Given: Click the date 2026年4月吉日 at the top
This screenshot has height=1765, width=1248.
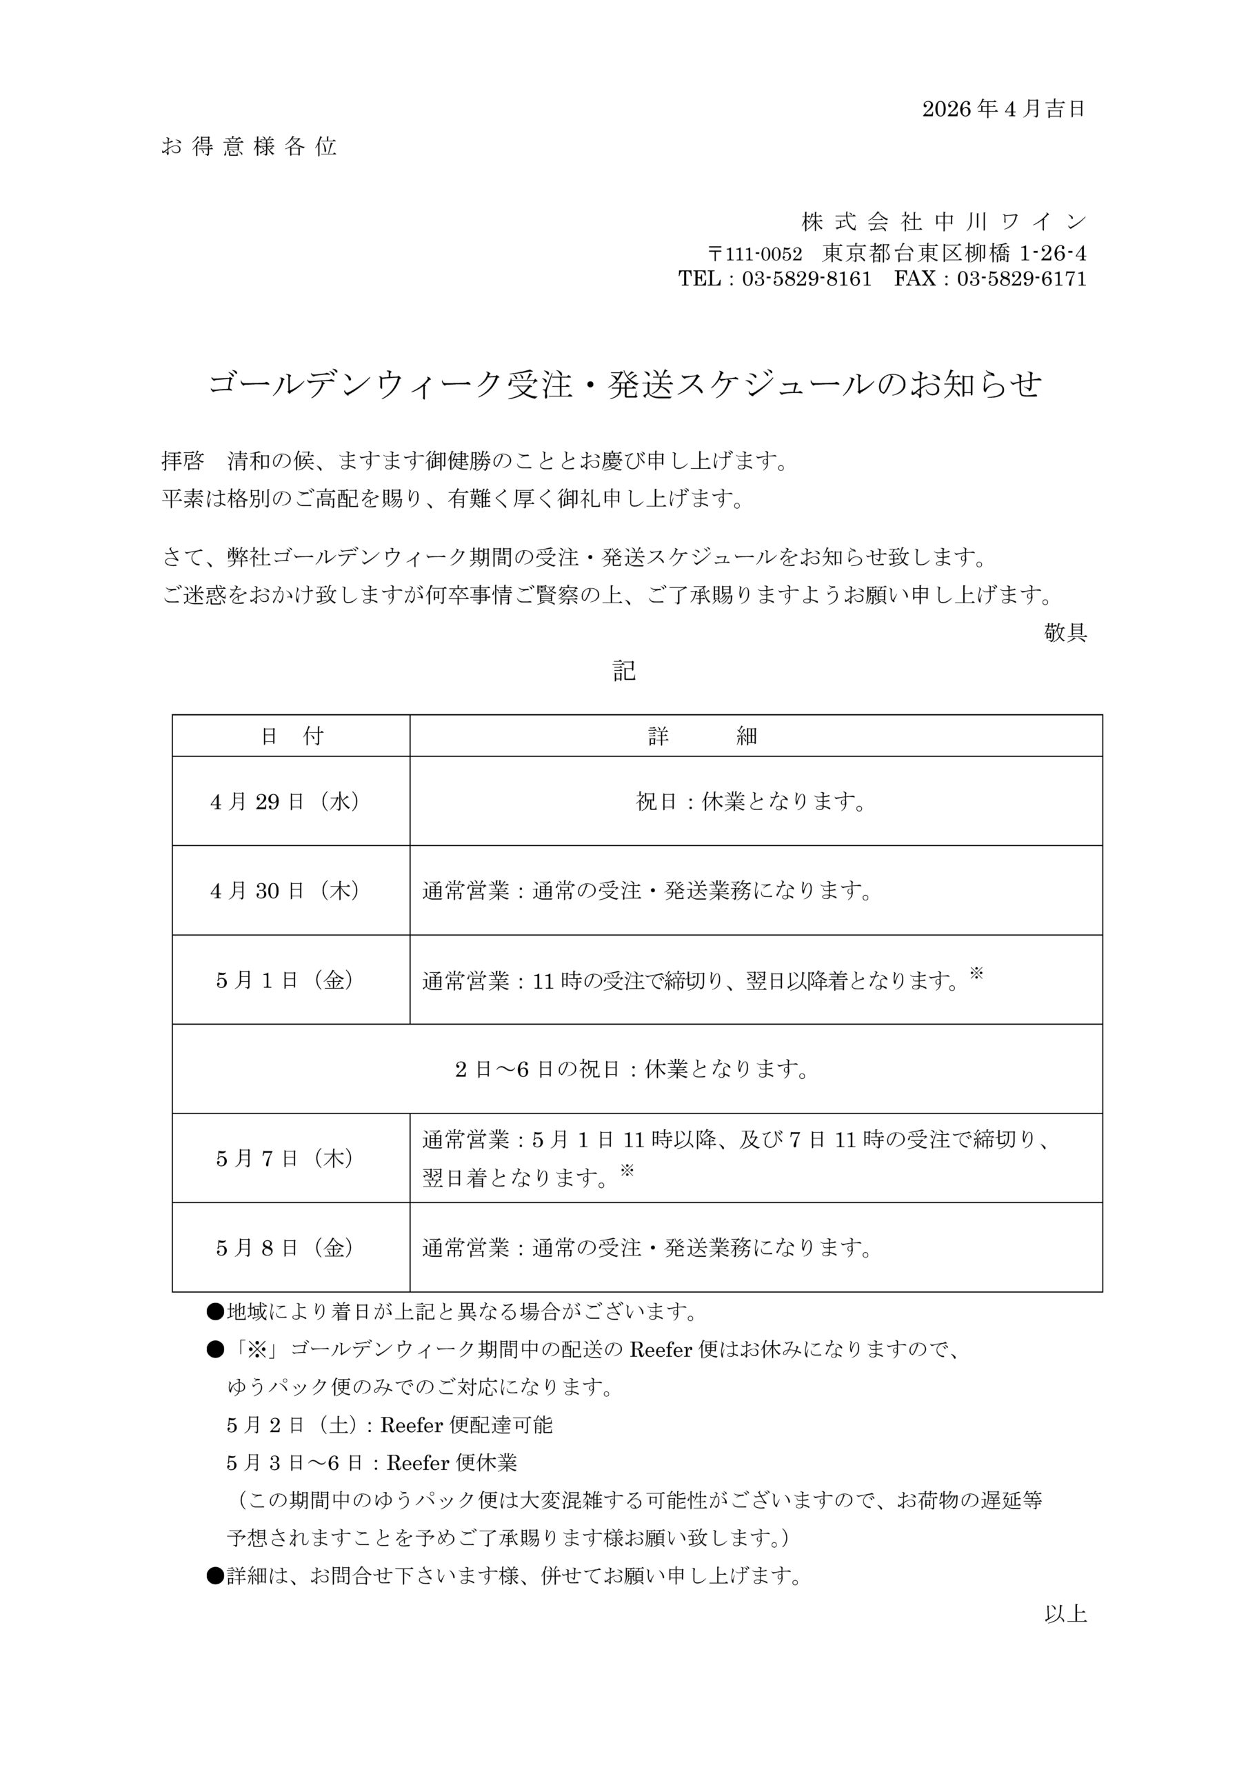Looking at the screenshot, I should [1003, 109].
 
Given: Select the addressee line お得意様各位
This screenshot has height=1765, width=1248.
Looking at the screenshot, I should [249, 147].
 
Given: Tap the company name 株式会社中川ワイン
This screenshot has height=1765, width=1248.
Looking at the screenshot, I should [943, 222].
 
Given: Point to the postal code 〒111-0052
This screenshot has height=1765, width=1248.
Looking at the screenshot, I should [754, 254].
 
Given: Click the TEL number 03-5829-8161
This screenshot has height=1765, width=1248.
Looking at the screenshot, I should [807, 279].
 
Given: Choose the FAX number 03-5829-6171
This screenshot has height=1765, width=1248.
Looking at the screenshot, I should [1021, 279].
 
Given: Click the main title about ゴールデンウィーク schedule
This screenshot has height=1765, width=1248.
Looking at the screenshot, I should [625, 384].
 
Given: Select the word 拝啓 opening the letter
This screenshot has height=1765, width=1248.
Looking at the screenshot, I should [182, 461].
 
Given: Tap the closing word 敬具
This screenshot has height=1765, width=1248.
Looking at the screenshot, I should [1065, 633].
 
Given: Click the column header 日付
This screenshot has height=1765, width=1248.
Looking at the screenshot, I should [292, 736].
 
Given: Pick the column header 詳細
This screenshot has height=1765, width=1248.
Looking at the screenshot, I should [702, 736].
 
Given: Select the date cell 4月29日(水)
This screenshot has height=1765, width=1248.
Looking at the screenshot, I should [285, 802].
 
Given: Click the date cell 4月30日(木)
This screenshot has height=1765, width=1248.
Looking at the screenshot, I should [285, 891].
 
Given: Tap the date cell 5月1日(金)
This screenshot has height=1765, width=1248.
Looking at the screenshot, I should [285, 980].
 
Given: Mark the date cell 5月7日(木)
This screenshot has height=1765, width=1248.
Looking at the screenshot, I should [285, 1158].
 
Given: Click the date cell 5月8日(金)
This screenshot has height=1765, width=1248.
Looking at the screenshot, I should [285, 1248].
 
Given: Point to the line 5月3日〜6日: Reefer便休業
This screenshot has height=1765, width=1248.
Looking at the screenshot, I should [372, 1463].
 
